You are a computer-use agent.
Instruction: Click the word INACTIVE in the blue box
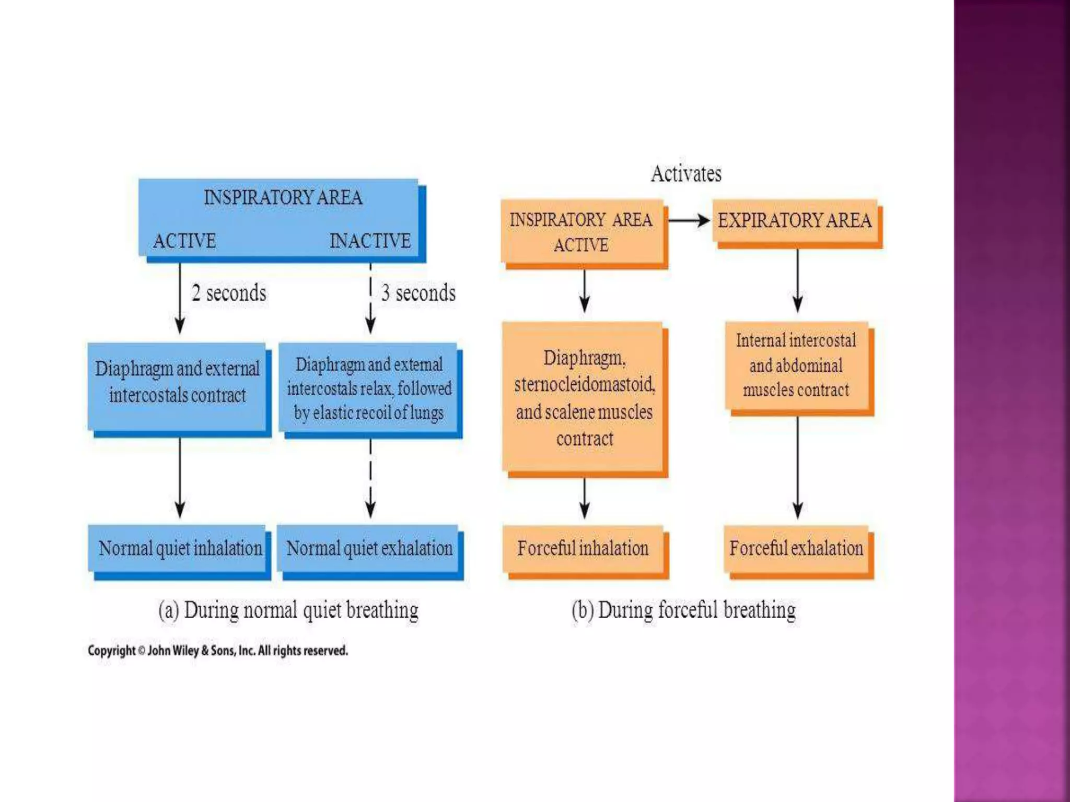click(x=370, y=241)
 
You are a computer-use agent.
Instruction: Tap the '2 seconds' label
click(x=229, y=293)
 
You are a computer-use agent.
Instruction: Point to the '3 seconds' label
click(x=418, y=293)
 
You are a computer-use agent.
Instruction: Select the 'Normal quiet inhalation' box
click(x=180, y=549)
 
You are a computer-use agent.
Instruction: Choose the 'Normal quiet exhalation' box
click(x=369, y=549)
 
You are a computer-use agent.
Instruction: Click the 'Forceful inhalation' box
click(x=584, y=549)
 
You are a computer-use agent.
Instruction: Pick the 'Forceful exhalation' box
click(x=796, y=549)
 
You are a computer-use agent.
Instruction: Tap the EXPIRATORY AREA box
click(x=795, y=221)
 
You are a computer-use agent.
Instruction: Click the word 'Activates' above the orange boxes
click(x=686, y=174)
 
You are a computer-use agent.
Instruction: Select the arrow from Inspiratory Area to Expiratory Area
click(x=689, y=221)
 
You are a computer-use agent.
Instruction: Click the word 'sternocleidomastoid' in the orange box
click(x=584, y=385)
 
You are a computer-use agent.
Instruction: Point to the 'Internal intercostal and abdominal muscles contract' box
click(x=796, y=365)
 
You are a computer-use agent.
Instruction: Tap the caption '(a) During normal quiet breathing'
click(x=288, y=610)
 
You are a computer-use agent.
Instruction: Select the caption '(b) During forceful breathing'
click(x=683, y=610)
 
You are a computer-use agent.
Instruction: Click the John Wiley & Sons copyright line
click(x=217, y=651)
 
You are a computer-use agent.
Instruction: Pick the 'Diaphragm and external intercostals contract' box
click(x=178, y=383)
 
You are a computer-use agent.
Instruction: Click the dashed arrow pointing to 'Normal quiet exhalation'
click(x=370, y=478)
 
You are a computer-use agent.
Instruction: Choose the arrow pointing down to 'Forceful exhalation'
click(x=797, y=467)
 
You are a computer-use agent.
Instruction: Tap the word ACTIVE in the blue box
click(x=184, y=241)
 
